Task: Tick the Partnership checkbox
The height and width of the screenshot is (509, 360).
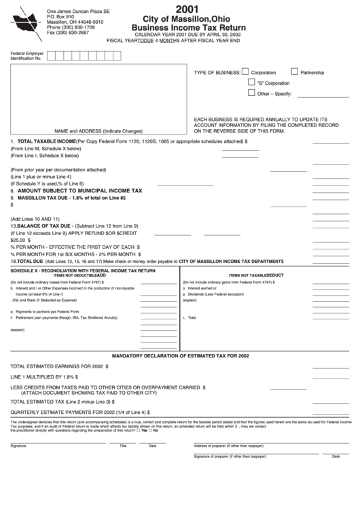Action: tap(294, 71)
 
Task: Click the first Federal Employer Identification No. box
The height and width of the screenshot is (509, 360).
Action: tap(52, 56)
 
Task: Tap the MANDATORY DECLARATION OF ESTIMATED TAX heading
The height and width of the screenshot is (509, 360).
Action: tap(179, 355)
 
